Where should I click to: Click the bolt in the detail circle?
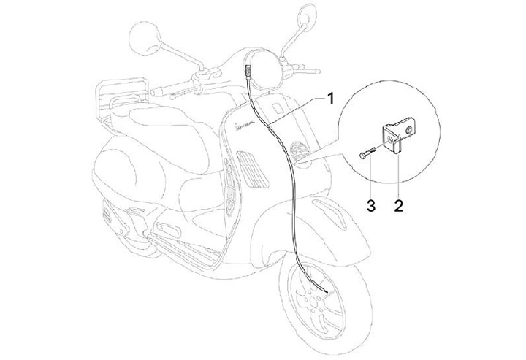pyautogui.click(x=366, y=153)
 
